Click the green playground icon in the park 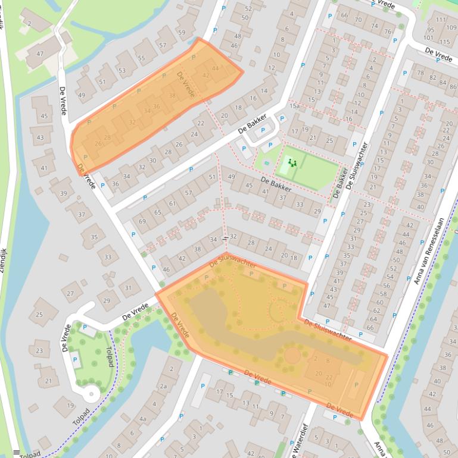pyautogui.click(x=292, y=162)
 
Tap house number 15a pyautogui.click(x=294, y=106)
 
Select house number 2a pyautogui.click(x=162, y=385)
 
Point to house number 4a pyautogui.click(x=142, y=419)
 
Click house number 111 pyautogui.click(x=441, y=20)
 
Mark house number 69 pyautogui.click(x=142, y=221)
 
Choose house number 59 pyautogui.click(x=181, y=33)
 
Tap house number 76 pyautogui.click(x=388, y=32)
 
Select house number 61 pyautogui.click(x=173, y=203)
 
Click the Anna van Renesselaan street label pyautogui.click(x=429, y=250)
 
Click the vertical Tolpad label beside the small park pyautogui.click(x=110, y=357)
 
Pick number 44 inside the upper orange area pyautogui.click(x=215, y=68)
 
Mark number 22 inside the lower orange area pyautogui.click(x=329, y=377)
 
